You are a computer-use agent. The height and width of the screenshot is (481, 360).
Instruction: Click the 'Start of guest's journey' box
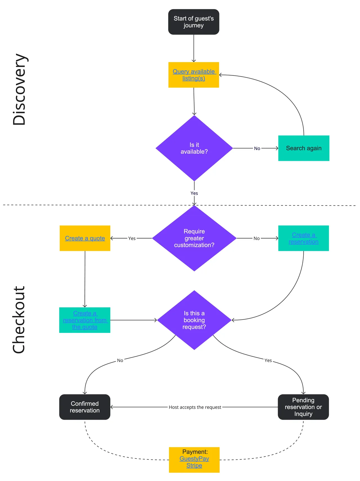193,22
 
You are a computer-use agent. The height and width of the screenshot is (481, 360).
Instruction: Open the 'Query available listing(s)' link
194,75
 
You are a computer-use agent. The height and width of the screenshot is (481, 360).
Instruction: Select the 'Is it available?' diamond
194,148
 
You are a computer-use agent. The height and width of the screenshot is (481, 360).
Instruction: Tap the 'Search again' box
304,148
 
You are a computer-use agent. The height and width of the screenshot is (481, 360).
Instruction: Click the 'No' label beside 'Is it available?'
257,148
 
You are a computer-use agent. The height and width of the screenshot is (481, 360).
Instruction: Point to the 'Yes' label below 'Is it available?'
194,193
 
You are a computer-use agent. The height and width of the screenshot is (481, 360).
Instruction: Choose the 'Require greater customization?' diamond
194,238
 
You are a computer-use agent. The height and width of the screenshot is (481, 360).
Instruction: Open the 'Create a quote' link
85,238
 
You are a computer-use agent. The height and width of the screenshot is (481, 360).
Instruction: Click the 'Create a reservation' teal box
303,238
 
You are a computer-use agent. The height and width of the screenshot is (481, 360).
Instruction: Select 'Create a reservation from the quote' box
85,320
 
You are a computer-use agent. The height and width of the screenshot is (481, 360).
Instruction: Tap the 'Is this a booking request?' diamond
194,320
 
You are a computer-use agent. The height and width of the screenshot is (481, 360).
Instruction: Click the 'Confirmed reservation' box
85,407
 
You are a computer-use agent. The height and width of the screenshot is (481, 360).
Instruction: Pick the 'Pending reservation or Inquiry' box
303,407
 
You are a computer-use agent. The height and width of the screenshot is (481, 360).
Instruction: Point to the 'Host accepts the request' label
195,407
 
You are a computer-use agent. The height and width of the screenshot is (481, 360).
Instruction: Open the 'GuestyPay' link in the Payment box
194,459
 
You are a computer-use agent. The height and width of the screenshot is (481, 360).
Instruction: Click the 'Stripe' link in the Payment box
194,466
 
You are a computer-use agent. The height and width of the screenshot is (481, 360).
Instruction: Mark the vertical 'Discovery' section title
20,89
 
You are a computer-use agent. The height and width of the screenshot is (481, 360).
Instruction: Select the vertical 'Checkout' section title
19,320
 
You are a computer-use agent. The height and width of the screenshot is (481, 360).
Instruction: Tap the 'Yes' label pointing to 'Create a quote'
132,238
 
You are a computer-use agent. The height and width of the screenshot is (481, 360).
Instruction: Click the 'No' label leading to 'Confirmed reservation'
120,360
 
